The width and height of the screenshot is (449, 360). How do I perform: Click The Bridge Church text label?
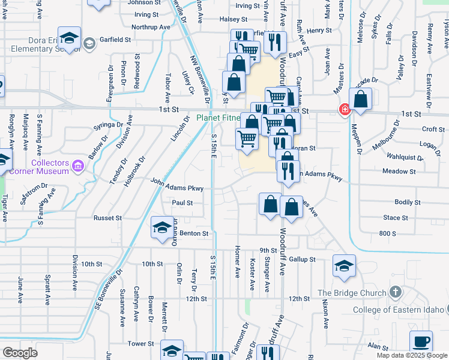coord(352,293)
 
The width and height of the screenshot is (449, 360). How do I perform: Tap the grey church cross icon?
coord(394,292)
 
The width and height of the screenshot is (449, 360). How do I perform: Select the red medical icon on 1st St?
coord(345,110)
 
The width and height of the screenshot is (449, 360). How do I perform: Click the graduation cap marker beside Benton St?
coord(161,228)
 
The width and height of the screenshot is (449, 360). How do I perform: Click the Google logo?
coord(20,353)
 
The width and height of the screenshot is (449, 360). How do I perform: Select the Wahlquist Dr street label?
coord(405,157)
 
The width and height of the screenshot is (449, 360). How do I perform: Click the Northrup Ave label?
coord(153,27)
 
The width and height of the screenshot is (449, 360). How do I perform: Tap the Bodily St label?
coord(406,202)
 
